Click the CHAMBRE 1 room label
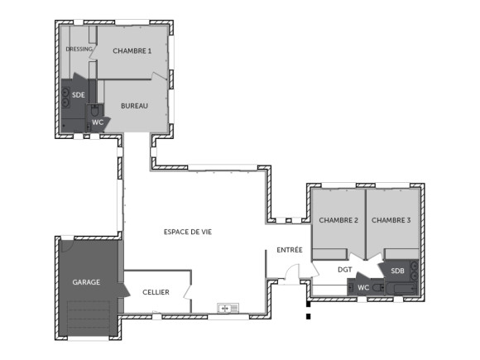click(132, 51)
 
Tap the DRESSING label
click(79, 49)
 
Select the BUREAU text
click(134, 106)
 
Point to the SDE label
click(78, 95)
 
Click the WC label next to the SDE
click(98, 122)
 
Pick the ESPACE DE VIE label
click(188, 233)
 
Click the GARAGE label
click(86, 282)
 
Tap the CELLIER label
click(156, 292)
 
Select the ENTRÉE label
click(290, 250)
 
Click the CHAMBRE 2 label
click(338, 220)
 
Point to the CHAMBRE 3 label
click(391, 220)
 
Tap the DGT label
click(345, 269)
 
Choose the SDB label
click(397, 271)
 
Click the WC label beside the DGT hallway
click(362, 287)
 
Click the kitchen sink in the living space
click(228, 309)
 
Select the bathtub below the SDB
click(406, 288)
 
